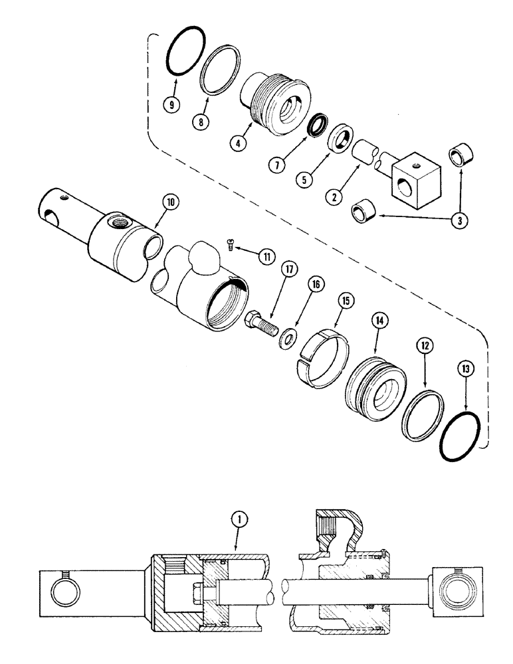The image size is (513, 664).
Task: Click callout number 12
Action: [425, 345]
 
